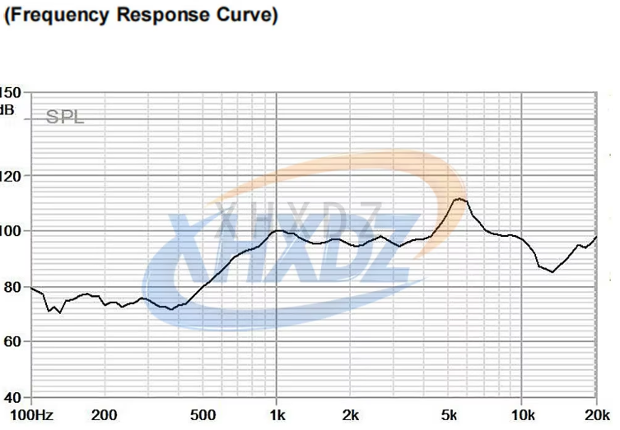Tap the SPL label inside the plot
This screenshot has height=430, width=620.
65,118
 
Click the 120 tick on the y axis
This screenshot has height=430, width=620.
12,175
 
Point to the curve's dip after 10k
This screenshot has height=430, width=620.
552,271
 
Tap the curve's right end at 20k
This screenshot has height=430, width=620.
596,237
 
